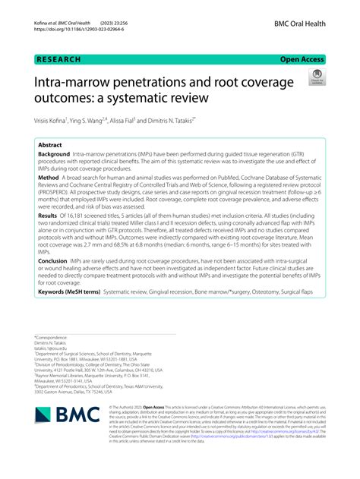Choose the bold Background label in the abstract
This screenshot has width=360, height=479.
point(58,154)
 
